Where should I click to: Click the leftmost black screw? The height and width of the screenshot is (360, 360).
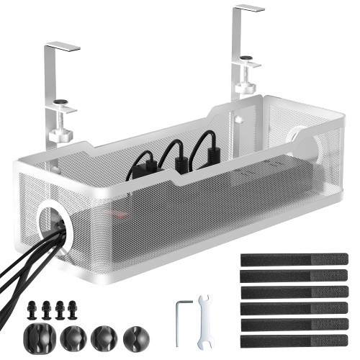[31, 308]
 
